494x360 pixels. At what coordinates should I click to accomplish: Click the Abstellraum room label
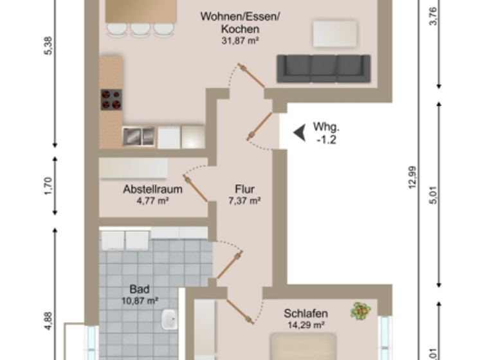[152, 190]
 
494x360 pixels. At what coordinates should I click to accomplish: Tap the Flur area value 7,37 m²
[244, 201]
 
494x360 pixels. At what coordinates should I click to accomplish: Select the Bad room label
[139, 289]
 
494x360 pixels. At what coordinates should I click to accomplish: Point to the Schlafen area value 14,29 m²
[306, 325]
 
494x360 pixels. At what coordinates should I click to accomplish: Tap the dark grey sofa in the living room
[324, 69]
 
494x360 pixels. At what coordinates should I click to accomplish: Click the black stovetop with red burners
[111, 100]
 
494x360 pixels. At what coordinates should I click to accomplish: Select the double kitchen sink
[139, 136]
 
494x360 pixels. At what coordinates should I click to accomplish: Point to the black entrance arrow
[299, 132]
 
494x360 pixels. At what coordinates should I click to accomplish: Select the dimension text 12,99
[412, 178]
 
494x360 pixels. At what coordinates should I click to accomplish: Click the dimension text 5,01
[438, 195]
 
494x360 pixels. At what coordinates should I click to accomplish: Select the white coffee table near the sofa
[334, 33]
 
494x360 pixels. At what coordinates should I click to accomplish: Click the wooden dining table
[141, 11]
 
